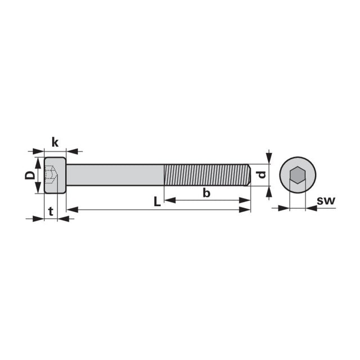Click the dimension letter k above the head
coord(55,142)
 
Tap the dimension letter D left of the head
coord(30,175)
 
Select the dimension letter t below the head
coord(51,211)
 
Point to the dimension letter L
coord(157,202)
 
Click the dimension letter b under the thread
coord(206,193)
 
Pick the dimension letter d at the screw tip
coord(262,175)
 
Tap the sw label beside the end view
coord(326,201)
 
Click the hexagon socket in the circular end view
coord(298,175)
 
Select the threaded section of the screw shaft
coord(206,175)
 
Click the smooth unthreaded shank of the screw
coord(115,175)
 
